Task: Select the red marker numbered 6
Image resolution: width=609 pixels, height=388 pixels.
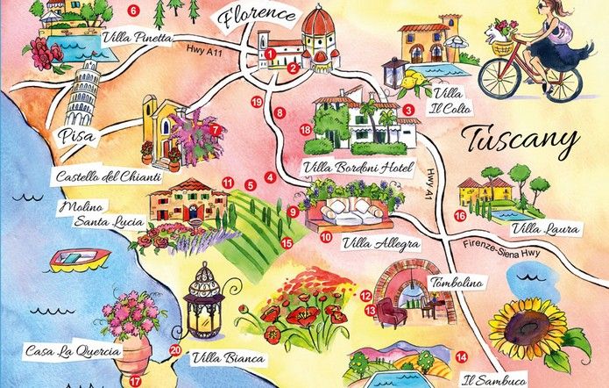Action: [133, 11]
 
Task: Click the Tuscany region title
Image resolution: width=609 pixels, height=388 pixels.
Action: [520, 140]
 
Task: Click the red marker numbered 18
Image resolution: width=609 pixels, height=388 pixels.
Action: [306, 130]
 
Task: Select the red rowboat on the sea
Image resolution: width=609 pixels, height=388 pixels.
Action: [79, 259]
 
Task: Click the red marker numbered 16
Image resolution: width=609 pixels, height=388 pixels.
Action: [460, 215]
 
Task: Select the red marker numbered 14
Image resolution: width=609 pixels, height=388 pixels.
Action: [461, 357]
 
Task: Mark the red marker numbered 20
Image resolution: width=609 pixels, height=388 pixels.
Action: [175, 349]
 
